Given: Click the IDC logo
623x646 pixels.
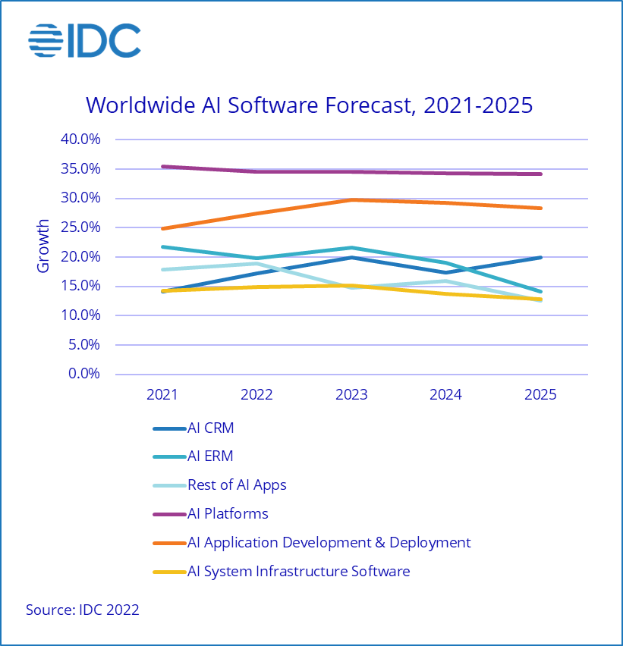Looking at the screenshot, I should click(x=84, y=41).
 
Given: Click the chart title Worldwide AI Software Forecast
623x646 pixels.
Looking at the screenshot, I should click(x=309, y=105).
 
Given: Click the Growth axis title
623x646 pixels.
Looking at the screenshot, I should click(x=43, y=246).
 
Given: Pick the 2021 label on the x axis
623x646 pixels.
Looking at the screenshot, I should click(x=162, y=395).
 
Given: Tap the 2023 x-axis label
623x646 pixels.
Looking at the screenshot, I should click(x=351, y=395).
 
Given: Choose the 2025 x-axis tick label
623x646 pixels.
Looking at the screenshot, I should click(x=540, y=395).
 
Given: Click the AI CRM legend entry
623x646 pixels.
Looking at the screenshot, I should click(x=210, y=428).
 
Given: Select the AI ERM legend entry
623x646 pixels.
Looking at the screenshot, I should click(x=210, y=456).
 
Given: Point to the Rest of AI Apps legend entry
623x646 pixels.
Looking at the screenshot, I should click(x=237, y=485).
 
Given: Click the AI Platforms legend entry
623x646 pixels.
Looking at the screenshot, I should click(x=228, y=514).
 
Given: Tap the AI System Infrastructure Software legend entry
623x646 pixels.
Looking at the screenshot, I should click(x=298, y=572).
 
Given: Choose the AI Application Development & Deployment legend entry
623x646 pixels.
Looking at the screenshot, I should click(x=329, y=543).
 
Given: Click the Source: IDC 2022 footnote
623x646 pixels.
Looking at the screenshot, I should click(x=83, y=610).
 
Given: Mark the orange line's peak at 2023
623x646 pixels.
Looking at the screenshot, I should click(x=351, y=199).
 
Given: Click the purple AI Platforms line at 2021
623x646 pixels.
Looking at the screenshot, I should click(x=162, y=167).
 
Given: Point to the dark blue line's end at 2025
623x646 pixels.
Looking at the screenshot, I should click(x=540, y=258).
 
